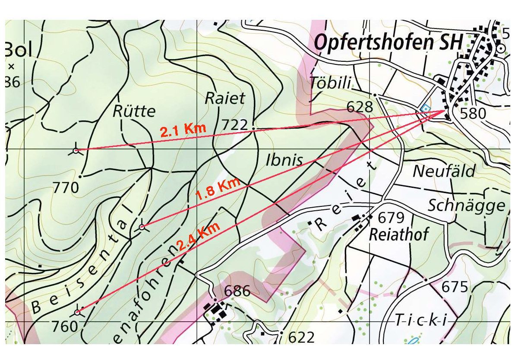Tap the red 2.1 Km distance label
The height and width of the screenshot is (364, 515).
click(183, 130)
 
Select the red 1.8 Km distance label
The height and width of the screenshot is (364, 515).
click(218, 189)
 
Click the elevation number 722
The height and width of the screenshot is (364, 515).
click(234, 125)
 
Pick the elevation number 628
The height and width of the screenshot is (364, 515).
click(360, 107)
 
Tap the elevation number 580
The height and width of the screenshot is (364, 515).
click(473, 114)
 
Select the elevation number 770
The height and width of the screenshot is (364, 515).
click(66, 187)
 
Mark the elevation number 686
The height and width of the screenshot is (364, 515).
click(237, 291)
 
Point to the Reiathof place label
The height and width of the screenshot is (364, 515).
click(399, 234)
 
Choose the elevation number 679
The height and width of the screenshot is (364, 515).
click(391, 217)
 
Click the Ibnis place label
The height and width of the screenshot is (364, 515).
click(284, 160)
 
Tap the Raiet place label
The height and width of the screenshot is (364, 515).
click(224, 98)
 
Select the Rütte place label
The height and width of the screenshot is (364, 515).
click(134, 111)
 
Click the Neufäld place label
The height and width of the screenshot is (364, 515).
click(444, 171)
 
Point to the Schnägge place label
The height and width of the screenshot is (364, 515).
click(466, 206)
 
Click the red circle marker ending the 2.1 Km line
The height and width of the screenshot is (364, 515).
click(76, 151)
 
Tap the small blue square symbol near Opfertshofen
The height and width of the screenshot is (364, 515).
click(426, 108)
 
